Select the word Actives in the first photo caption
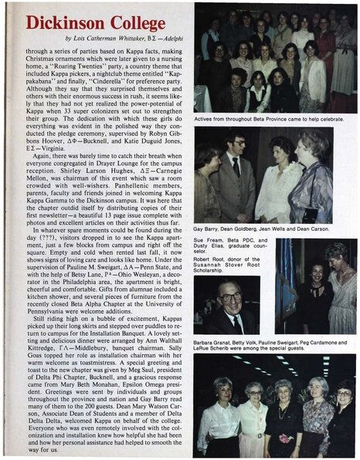click(206, 120)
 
